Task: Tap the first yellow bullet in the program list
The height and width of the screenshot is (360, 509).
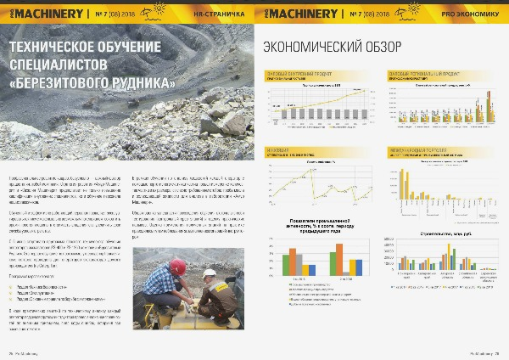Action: (10, 287)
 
